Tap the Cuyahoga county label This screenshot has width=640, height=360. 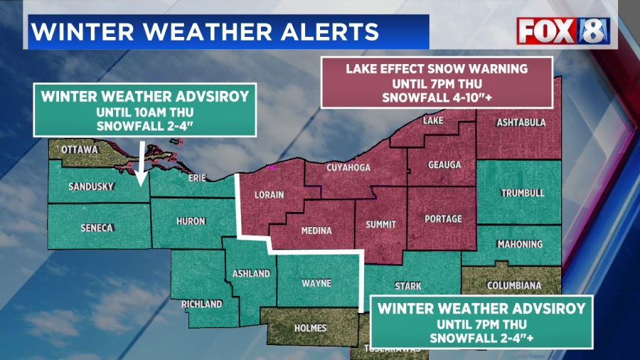click(x=349, y=168)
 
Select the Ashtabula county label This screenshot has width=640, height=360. click(x=521, y=122)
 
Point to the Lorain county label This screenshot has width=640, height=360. click(x=270, y=194)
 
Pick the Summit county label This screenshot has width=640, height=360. click(x=380, y=224)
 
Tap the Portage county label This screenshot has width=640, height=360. click(x=442, y=218)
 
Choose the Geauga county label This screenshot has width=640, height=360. click(x=444, y=165)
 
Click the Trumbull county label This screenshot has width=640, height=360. click(x=522, y=193)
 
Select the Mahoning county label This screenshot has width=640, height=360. click(x=519, y=244)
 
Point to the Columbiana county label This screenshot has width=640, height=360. click(x=514, y=285)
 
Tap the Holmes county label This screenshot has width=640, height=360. click(x=311, y=328)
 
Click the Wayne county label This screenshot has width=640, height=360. click(x=316, y=283)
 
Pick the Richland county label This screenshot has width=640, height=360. click(x=202, y=304)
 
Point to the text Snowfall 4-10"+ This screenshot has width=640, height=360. click(x=437, y=98)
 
